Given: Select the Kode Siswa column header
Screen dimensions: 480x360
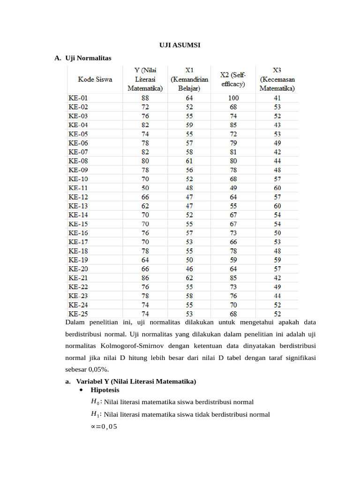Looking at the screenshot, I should click(x=95, y=79).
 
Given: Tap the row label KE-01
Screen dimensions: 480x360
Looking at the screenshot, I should click(x=78, y=98).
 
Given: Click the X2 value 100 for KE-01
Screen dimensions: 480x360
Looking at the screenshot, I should click(x=233, y=98).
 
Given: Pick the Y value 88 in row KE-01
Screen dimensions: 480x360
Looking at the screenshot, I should click(x=145, y=98).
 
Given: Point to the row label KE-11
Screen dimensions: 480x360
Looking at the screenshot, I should click(x=78, y=188).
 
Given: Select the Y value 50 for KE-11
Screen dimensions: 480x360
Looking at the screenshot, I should click(x=145, y=188).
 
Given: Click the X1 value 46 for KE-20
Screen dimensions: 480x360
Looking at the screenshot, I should click(x=189, y=269).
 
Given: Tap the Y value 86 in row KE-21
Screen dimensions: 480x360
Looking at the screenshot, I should click(x=145, y=277).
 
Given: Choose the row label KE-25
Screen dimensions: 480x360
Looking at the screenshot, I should click(x=78, y=314).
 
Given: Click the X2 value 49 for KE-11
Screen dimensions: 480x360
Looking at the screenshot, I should click(x=233, y=188).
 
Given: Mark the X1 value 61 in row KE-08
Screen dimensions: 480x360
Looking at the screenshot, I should click(x=189, y=161).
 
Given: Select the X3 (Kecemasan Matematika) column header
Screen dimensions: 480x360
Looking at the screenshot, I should click(x=277, y=79).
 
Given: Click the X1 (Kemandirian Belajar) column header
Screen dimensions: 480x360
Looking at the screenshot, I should click(x=189, y=79).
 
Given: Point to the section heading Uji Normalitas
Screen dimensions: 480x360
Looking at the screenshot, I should click(x=88, y=58).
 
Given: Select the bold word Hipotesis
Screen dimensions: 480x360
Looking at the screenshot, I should click(x=105, y=390).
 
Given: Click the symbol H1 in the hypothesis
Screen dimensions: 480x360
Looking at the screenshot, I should click(x=95, y=414).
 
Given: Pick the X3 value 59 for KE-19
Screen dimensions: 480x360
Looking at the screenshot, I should click(x=277, y=260).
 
